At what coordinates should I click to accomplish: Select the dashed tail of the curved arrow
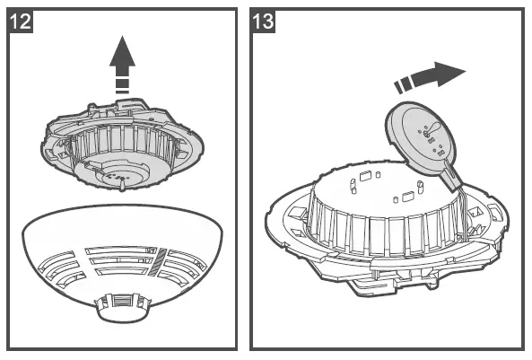406,84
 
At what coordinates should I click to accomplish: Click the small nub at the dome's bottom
123,307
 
